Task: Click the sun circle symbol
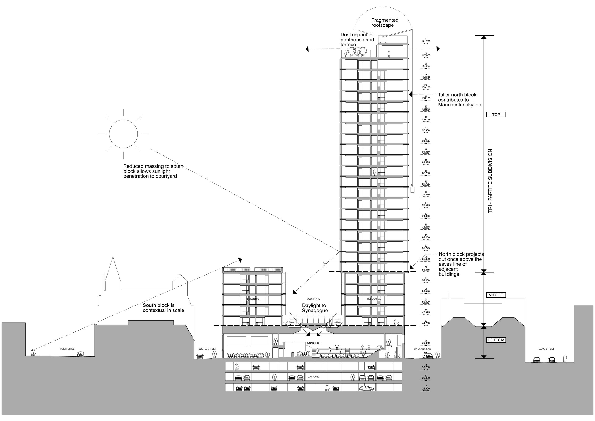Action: tap(123, 134)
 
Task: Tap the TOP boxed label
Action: tap(496, 115)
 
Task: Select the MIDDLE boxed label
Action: tap(496, 295)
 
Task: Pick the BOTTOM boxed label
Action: tap(496, 340)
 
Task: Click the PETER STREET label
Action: tap(68, 349)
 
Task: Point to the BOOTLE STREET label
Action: tap(207, 349)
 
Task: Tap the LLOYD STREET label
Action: tap(546, 349)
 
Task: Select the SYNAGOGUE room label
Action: tap(313, 343)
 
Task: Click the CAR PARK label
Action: tap(313, 377)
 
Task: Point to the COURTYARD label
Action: tap(313, 299)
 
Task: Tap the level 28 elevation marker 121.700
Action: tap(426, 40)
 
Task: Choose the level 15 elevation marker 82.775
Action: tap(426, 183)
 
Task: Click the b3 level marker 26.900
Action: tap(426, 388)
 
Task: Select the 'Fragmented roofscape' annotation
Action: tap(385, 23)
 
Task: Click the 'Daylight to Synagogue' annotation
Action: tap(315, 308)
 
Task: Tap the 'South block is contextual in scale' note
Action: tap(163, 308)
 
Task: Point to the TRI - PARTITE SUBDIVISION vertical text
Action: tap(490, 181)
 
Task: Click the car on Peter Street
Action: tap(81, 354)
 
